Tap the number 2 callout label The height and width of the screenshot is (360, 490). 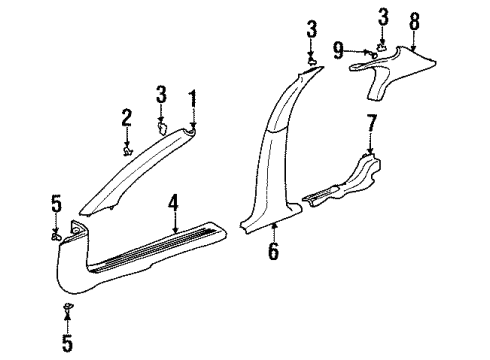click(x=127, y=118)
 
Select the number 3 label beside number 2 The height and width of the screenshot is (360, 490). click(x=160, y=96)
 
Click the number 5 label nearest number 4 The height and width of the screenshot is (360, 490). click(x=56, y=207)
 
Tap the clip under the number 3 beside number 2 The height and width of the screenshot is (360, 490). click(x=164, y=128)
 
